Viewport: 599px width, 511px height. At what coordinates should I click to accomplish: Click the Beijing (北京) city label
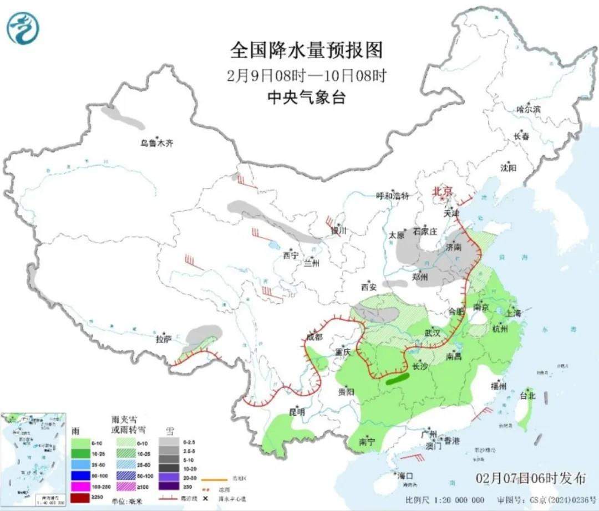(443, 190)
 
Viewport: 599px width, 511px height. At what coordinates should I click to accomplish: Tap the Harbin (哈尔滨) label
(528, 110)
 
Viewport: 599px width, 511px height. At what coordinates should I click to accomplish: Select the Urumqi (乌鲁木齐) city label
(156, 143)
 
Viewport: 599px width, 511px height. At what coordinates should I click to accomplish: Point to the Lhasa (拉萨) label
(163, 339)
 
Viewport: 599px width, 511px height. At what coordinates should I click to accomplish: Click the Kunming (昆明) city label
(297, 412)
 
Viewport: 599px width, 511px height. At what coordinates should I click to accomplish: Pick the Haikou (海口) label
(405, 476)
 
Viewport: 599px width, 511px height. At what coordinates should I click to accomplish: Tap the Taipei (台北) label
(527, 396)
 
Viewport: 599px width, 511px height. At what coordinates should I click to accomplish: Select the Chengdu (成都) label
(314, 337)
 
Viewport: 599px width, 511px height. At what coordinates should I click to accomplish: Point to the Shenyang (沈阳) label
(508, 167)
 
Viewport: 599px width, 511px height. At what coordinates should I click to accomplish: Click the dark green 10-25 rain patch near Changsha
(396, 379)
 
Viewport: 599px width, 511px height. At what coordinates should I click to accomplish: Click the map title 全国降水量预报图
(307, 51)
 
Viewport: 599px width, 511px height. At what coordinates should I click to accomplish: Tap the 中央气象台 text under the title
(307, 98)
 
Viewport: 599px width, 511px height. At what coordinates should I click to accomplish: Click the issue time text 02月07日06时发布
(530, 478)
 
